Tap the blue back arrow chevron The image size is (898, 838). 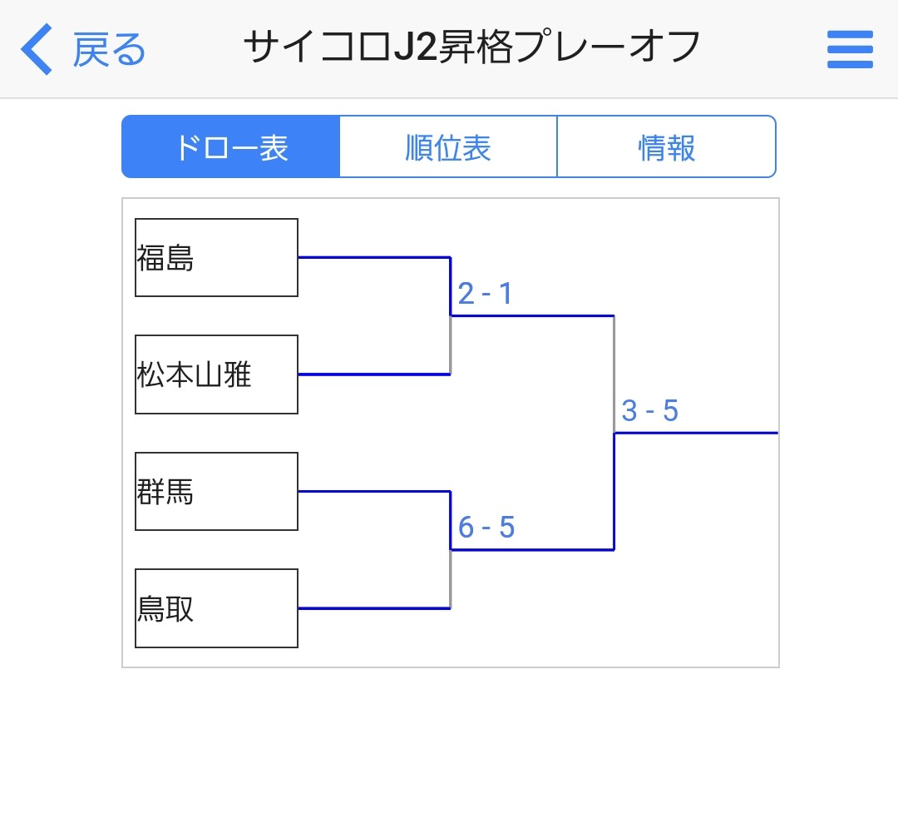coord(36,49)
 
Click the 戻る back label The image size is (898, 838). coord(109,50)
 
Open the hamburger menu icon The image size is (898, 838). coord(850,49)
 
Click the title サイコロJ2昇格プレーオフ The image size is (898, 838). coord(472,47)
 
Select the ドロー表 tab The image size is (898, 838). coord(231,146)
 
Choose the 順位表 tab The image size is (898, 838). coord(448,146)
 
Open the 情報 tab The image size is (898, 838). coord(667,146)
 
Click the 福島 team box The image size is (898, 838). coord(216,257)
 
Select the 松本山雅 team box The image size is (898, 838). coord(216,374)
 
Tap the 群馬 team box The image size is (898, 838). coord(216,491)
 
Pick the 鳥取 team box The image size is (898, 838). coord(216,608)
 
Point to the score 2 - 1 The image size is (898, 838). coord(485,294)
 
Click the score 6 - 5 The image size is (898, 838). coord(486,528)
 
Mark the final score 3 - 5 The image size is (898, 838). coord(650,411)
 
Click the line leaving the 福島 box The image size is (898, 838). coord(374,257)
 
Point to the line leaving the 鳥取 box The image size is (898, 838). coord(374,608)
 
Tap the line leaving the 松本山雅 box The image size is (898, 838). coord(374,374)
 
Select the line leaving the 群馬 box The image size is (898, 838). coord(374,491)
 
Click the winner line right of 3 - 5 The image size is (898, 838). coord(696,433)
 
